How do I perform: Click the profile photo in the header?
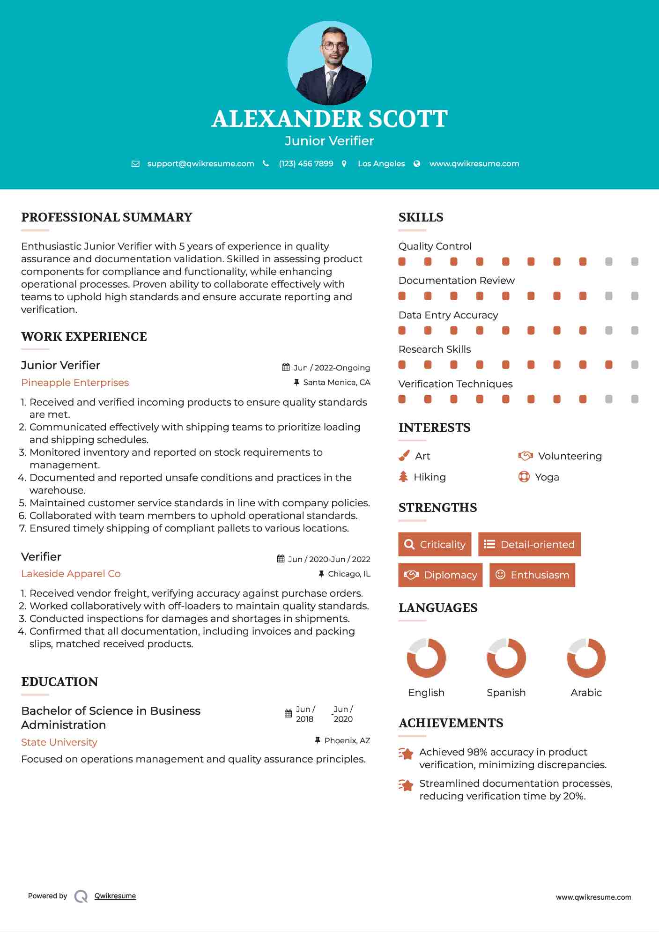329,63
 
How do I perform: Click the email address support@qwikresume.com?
200,163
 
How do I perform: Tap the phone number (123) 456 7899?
306,163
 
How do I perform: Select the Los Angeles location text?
381,163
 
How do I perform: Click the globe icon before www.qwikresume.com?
417,163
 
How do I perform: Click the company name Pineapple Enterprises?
75,383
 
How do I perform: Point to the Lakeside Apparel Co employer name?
71,574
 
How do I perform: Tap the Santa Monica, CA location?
336,382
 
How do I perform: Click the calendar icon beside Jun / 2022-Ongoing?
286,367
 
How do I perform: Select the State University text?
59,742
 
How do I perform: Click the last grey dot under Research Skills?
635,365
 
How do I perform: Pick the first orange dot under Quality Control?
402,262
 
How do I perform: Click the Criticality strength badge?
435,544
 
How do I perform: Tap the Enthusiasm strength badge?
532,575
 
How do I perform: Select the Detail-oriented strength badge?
529,544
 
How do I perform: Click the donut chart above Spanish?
506,658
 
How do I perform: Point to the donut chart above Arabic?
586,658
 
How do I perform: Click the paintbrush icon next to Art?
404,456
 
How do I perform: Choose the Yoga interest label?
547,477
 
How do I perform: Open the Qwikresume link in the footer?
115,896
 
